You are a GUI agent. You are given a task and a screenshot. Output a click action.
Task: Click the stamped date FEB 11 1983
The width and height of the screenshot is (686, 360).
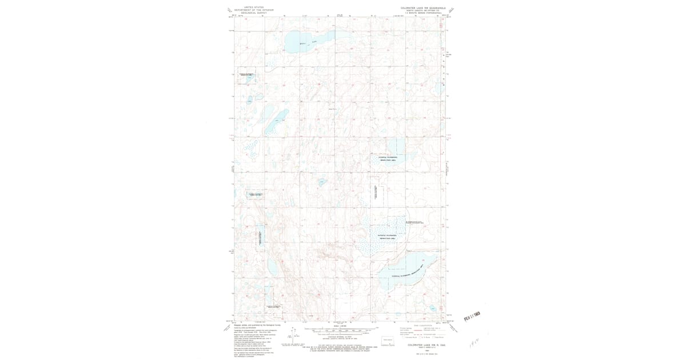[x=472, y=314]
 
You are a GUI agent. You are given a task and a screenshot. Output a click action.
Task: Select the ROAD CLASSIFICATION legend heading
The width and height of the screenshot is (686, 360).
[x=422, y=325]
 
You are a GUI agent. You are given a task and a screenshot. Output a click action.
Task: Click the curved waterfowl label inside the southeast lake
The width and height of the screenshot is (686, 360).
[x=407, y=272]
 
